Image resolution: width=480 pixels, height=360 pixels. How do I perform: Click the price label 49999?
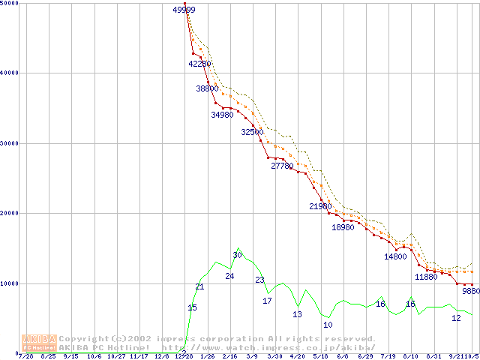click(184, 10)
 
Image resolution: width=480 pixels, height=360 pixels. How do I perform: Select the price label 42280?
click(200, 64)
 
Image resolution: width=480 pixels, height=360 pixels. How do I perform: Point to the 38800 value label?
click(208, 88)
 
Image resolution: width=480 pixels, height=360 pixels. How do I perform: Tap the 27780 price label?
click(283, 166)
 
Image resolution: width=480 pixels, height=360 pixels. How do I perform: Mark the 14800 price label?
click(396, 256)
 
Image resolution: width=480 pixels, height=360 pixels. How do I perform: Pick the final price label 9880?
click(471, 290)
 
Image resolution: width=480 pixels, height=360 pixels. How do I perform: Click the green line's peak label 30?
click(237, 255)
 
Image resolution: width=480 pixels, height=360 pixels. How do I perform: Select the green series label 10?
click(328, 325)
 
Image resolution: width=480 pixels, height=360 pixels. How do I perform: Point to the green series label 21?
click(199, 286)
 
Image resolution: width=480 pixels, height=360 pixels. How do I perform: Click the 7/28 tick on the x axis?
click(25, 356)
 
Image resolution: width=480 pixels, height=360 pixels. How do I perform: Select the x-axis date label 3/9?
click(252, 356)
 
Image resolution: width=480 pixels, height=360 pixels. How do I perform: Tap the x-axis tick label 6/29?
click(365, 356)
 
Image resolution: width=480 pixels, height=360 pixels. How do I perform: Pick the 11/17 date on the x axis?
click(139, 356)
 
